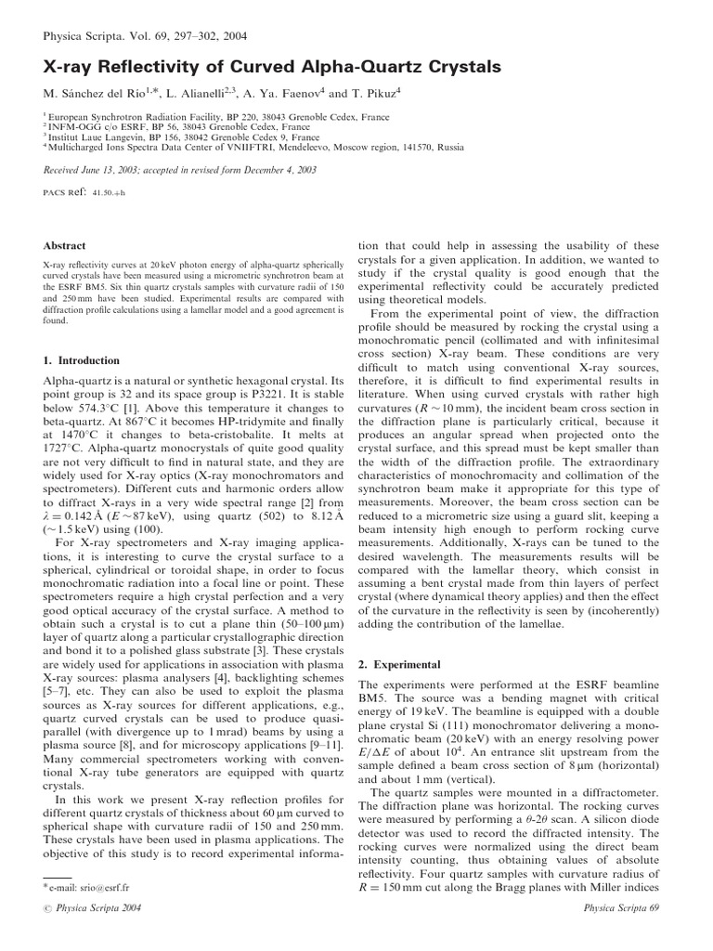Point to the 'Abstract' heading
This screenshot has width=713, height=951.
tap(65, 246)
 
